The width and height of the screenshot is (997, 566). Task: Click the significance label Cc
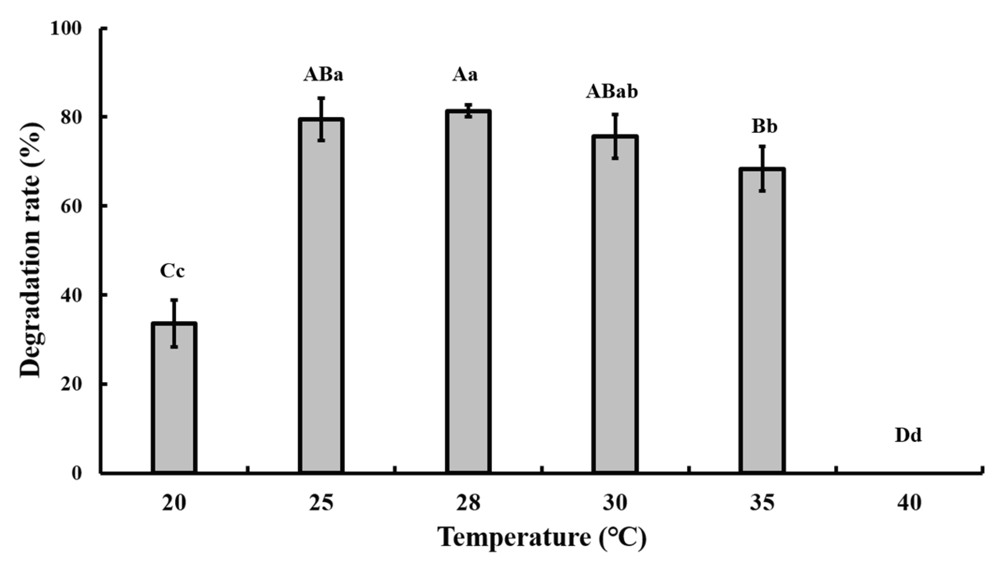[x=172, y=271]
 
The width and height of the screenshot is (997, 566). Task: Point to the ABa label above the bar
[x=323, y=75]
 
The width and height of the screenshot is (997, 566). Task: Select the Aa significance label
[x=465, y=75]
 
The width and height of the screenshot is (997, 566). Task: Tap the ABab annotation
[x=612, y=91]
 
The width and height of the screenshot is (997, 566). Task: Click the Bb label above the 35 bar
[x=764, y=127]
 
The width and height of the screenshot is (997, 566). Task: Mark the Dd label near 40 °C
[x=908, y=435]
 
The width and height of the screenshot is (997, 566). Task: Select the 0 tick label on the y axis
[x=77, y=473]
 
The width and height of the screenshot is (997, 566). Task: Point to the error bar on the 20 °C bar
[x=174, y=323]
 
